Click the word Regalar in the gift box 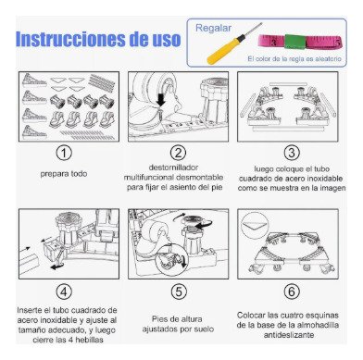tap(213, 28)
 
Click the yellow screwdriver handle tap(222, 50)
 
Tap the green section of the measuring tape tap(294, 42)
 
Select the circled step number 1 tap(64, 153)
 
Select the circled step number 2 tap(178, 153)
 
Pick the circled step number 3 tap(292, 153)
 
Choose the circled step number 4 tap(64, 292)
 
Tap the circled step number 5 tap(179, 292)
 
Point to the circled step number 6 tap(292, 292)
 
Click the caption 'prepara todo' tap(64, 174)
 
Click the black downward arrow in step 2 tap(161, 99)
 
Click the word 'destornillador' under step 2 tap(173, 168)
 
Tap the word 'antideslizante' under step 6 tap(289, 335)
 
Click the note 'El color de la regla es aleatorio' tap(294, 58)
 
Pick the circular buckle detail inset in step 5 tap(171, 259)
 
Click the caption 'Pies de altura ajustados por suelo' tap(178, 324)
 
